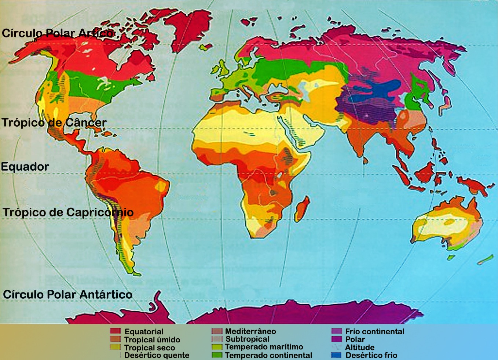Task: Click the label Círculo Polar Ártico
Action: [58, 33]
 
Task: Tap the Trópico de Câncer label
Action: [54, 123]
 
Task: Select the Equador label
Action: [25, 167]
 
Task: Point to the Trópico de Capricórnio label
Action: [68, 212]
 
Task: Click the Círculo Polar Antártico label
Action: [67, 295]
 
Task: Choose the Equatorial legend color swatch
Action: [115, 331]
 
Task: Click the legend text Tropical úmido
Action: [152, 340]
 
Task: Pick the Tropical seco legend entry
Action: [149, 348]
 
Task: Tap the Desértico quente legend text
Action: [157, 355]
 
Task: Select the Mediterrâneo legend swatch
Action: [217, 331]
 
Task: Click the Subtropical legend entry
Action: [247, 339]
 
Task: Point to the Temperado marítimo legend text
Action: [264, 347]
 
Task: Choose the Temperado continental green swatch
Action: [217, 355]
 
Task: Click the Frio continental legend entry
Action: [374, 331]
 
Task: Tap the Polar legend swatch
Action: [336, 339]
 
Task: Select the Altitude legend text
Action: [360, 347]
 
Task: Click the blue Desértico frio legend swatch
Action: [336, 355]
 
